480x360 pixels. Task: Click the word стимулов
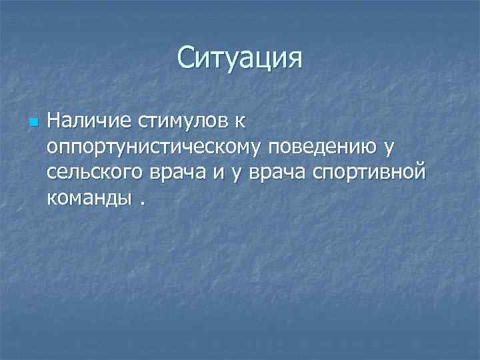click(x=171, y=122)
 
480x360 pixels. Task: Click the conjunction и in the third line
click(x=218, y=173)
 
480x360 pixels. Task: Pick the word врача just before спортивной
click(x=277, y=173)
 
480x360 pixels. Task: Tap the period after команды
click(x=142, y=203)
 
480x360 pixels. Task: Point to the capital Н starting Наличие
click(x=54, y=122)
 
